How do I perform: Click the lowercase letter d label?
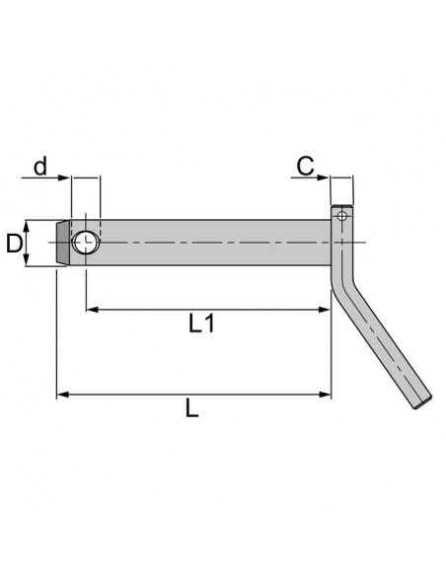pyautogui.click(x=40, y=166)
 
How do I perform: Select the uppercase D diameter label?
pyautogui.click(x=14, y=243)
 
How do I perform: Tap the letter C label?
pyautogui.click(x=306, y=166)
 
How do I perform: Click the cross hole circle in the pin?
pyautogui.click(x=86, y=242)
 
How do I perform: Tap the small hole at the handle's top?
pyautogui.click(x=342, y=216)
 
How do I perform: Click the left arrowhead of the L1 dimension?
pyautogui.click(x=91, y=310)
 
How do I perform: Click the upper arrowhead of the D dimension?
pyautogui.click(x=30, y=224)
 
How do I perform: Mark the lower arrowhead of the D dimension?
pyautogui.click(x=30, y=259)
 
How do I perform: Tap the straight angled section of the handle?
pyautogui.click(x=385, y=345)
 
